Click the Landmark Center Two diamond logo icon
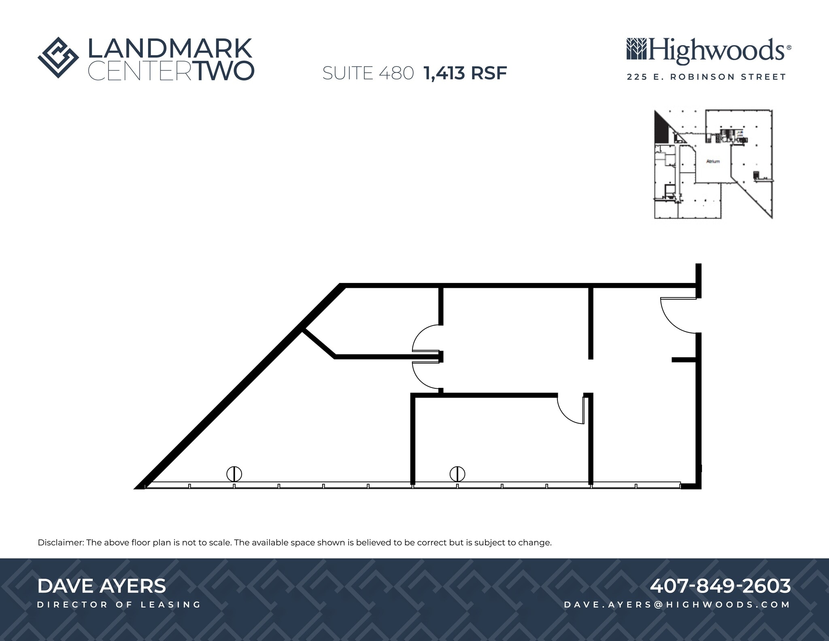click(58, 57)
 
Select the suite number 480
click(396, 73)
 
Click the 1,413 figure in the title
click(444, 73)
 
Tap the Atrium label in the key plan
click(713, 162)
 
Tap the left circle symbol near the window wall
click(234, 473)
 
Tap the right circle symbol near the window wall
click(457, 473)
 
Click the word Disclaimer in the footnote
click(61, 543)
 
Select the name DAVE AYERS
click(102, 586)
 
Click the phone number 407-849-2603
click(720, 586)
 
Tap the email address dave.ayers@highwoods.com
click(677, 605)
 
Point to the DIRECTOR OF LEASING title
click(119, 605)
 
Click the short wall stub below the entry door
click(684, 360)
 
